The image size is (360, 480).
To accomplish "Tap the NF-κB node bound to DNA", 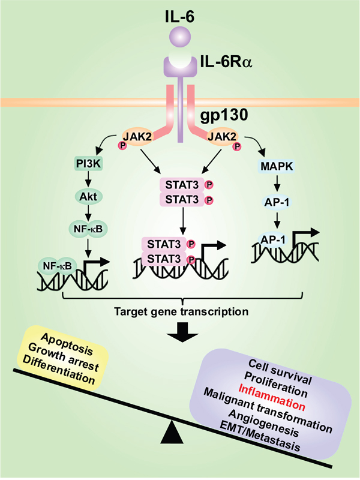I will [55, 265].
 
